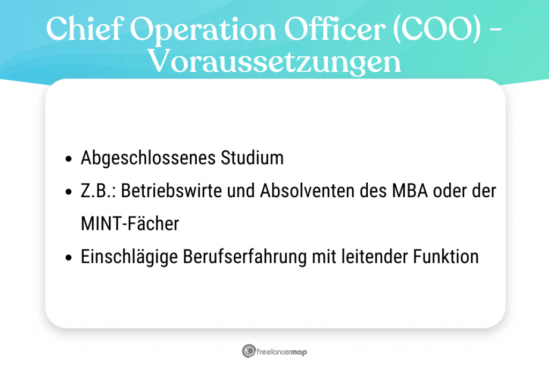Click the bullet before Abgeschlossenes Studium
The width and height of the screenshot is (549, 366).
pos(68,159)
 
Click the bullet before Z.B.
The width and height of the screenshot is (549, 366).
pos(68,192)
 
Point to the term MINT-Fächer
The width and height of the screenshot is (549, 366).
pos(130,224)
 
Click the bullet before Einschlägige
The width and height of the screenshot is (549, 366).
pos(68,258)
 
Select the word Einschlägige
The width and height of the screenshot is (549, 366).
pos(127,257)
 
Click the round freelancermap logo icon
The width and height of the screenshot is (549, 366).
pos(248,352)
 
